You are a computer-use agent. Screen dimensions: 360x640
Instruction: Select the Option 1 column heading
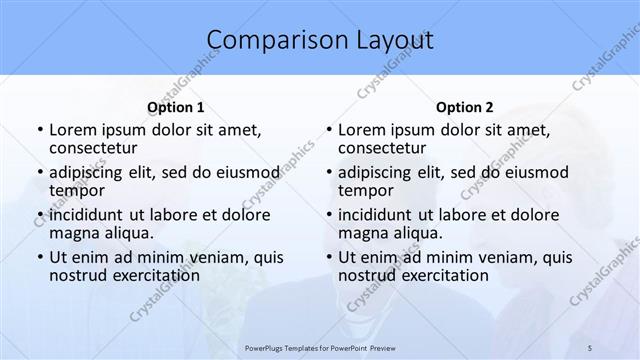pos(176,107)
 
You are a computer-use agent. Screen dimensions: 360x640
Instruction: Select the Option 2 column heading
pos(465,107)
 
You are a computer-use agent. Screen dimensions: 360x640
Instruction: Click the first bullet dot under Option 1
pos(39,130)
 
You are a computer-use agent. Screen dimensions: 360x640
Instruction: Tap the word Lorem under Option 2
pos(360,129)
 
